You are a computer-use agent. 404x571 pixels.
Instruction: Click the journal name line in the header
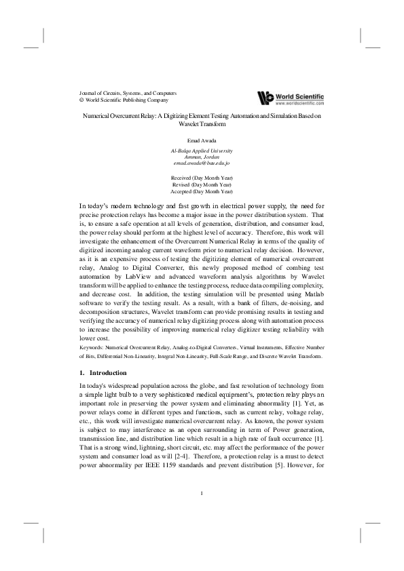pos(128,92)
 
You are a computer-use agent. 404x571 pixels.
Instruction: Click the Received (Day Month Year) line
pos(202,178)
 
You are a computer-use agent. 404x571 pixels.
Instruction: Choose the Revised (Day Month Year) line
pos(202,184)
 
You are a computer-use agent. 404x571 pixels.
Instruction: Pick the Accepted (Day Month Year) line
pos(202,191)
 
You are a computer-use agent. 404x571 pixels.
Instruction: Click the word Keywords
pos(94,347)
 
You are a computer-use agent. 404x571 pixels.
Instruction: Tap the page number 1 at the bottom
pos(202,492)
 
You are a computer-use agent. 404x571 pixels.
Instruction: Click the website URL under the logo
pos(299,104)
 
